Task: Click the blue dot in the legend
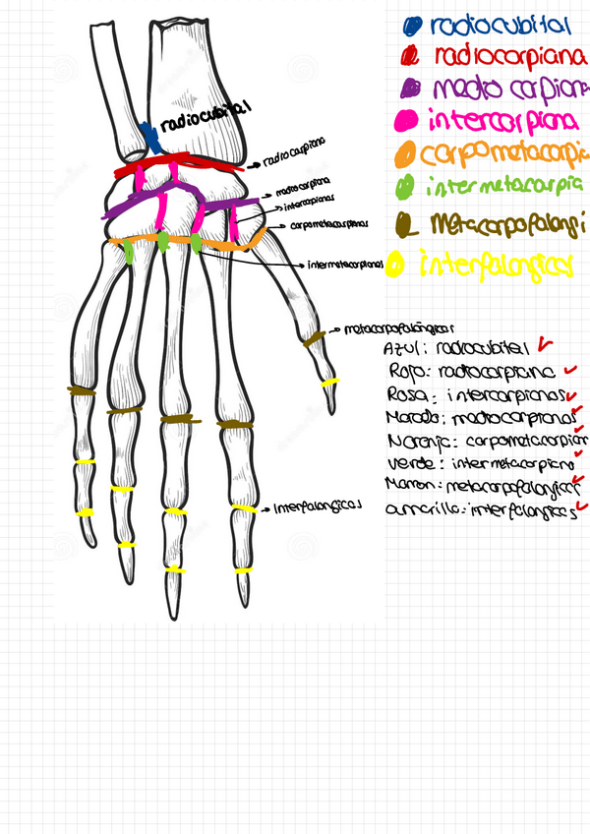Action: [x=414, y=28]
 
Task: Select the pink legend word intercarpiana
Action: [x=503, y=121]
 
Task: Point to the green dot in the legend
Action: [x=404, y=186]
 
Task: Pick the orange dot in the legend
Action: [x=404, y=154]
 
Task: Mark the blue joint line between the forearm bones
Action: [x=148, y=136]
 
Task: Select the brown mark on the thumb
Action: [x=314, y=339]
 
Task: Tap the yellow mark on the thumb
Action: [x=329, y=382]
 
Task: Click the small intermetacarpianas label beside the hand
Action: [x=344, y=264]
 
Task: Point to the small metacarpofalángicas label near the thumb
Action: [x=397, y=328]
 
